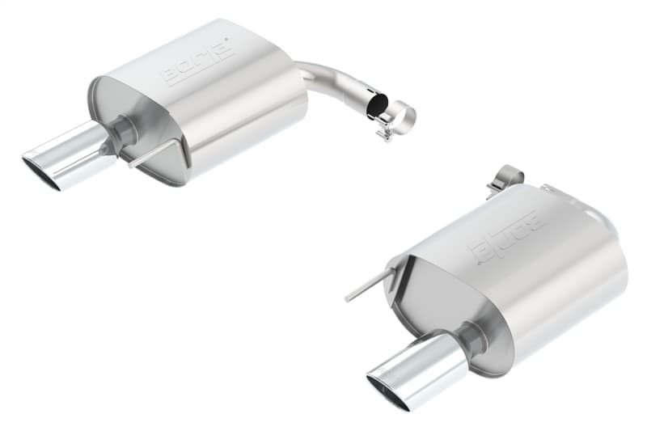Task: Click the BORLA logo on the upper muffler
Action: (x=197, y=62)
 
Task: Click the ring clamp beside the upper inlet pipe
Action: (x=400, y=117)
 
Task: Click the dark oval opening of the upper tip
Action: (x=41, y=172)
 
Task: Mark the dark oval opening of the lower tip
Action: (x=385, y=391)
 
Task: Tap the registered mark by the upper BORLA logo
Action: (x=230, y=38)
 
